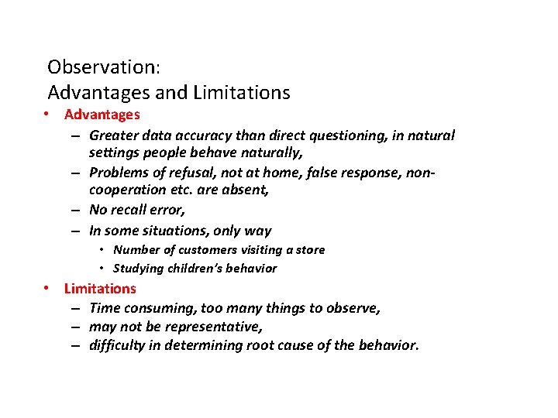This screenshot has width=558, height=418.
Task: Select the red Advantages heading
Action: (x=102, y=115)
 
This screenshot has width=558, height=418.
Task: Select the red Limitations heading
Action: (x=100, y=289)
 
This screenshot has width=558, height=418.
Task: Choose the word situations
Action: (x=177, y=231)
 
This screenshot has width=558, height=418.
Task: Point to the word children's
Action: (x=190, y=269)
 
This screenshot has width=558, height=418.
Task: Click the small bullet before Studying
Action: (x=103, y=269)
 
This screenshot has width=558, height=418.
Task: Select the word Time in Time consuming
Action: (x=105, y=308)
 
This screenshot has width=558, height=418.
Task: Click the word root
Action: (x=285, y=345)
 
